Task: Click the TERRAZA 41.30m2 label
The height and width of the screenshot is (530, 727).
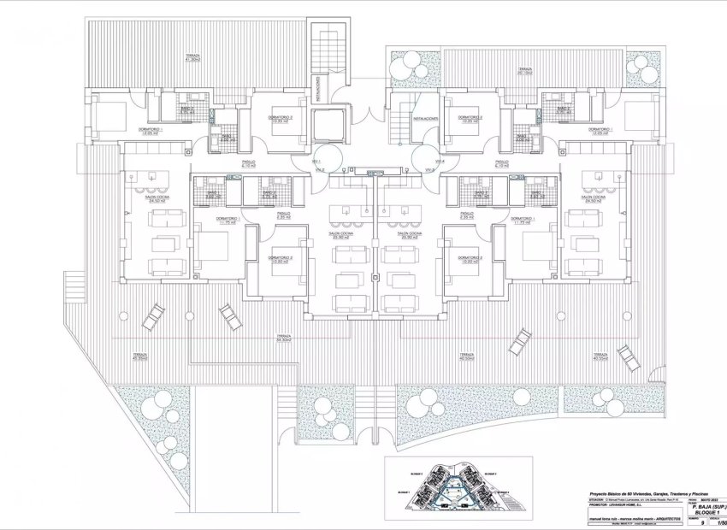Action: click(194, 59)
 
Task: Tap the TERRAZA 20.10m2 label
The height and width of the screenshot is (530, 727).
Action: click(523, 72)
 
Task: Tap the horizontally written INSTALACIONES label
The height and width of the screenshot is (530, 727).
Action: click(425, 119)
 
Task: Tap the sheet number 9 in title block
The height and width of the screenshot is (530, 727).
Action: click(703, 521)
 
